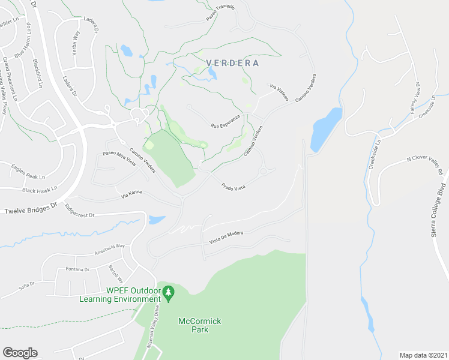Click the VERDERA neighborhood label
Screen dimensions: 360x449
click(x=232, y=63)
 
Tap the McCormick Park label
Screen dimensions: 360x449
click(x=200, y=325)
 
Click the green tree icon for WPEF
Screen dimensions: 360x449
click(x=169, y=294)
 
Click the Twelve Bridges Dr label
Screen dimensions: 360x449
click(x=30, y=211)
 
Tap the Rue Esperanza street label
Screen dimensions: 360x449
click(x=225, y=121)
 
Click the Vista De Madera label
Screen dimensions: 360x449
click(x=226, y=236)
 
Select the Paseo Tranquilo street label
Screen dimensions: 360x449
click(x=220, y=13)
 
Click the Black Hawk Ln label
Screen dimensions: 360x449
click(x=40, y=189)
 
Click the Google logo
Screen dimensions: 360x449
click(x=20, y=352)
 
